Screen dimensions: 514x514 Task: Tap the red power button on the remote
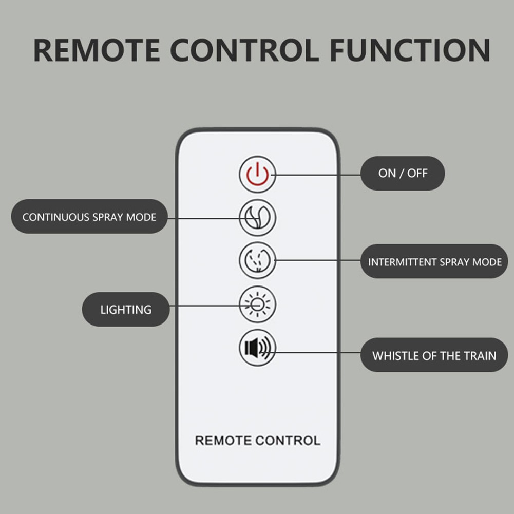[x=257, y=174]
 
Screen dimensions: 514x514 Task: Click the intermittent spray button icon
[x=257, y=261]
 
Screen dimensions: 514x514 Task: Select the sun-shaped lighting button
[x=257, y=304]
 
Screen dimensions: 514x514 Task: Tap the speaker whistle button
[x=257, y=348]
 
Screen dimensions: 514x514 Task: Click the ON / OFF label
[x=403, y=173]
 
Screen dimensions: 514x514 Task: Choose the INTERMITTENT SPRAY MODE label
[x=434, y=261]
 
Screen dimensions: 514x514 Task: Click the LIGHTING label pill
[x=126, y=309]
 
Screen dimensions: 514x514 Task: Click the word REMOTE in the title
[x=97, y=50]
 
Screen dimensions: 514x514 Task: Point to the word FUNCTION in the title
[x=410, y=50]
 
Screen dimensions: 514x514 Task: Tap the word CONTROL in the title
[x=244, y=50]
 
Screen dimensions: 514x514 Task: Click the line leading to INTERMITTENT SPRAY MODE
[x=317, y=260]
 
